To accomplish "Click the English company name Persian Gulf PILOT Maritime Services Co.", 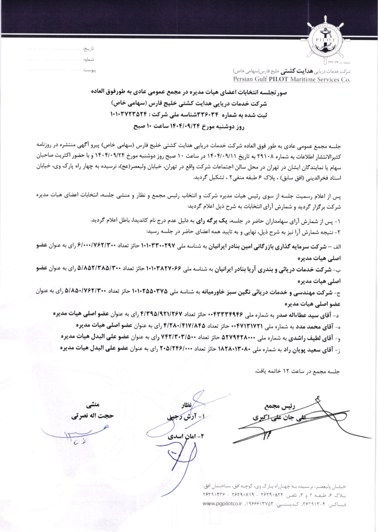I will (292, 79).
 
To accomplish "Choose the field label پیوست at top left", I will (89, 70).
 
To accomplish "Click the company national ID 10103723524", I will (128, 114).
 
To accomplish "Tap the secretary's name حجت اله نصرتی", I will (92, 416).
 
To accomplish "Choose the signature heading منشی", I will (93, 404).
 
